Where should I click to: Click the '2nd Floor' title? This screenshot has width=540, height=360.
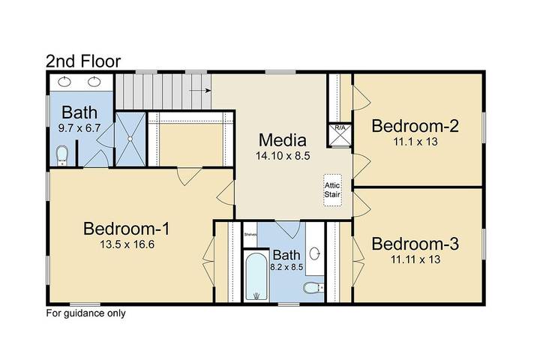point(83,60)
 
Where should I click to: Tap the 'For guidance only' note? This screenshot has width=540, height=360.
point(86,313)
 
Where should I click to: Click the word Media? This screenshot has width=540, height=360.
point(283,139)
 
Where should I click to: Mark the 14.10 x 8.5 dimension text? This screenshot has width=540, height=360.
point(283,156)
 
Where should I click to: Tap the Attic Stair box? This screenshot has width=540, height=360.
point(332,189)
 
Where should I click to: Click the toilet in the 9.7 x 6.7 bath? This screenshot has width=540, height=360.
point(63,154)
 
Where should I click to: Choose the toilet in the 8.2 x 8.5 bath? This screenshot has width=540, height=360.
point(312,288)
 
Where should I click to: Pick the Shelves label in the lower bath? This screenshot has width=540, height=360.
point(250,234)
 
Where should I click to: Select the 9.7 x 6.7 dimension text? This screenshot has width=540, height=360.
point(79,128)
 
